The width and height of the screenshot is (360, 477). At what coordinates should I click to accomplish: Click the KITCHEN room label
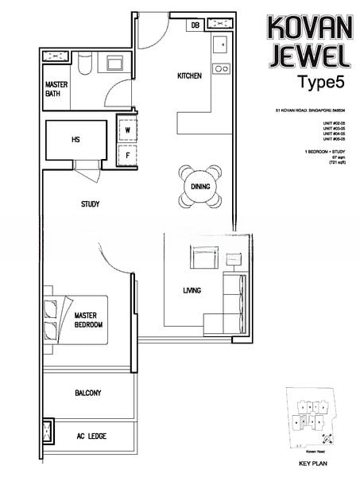(189, 76)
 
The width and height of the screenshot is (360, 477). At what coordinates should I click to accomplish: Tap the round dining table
(199, 186)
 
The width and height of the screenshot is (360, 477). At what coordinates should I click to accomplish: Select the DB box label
(195, 25)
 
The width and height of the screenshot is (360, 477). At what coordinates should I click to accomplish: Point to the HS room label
(75, 140)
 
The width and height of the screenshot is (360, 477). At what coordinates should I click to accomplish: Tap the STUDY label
(90, 204)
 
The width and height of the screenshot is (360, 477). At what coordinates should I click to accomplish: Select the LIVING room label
(192, 291)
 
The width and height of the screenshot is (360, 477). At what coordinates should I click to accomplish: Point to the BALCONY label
(87, 393)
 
